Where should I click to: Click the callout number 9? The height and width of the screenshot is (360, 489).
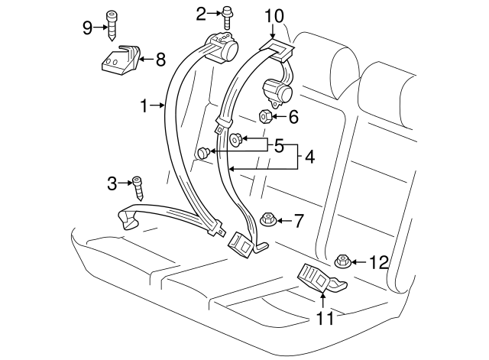tap(88, 28)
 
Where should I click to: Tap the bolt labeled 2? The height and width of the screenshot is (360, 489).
tap(227, 19)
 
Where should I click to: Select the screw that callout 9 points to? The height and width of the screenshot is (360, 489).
tap(112, 26)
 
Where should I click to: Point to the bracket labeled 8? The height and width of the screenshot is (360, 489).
tap(121, 60)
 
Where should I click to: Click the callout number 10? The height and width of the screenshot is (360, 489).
tap(274, 16)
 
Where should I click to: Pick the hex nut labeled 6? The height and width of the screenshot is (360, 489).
tap(265, 117)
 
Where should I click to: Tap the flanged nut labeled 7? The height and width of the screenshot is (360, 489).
tap(267, 219)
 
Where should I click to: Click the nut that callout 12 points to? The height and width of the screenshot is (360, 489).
tap(343, 261)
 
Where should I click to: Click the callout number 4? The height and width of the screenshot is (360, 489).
tap(309, 157)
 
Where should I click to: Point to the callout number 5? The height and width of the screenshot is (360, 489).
tap(279, 146)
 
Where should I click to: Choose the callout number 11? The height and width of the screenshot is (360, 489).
tap(325, 318)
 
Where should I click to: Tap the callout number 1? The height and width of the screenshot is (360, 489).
tap(144, 105)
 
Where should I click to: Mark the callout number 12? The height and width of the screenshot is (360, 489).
tap(379, 262)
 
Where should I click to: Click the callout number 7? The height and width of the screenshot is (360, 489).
tap(299, 221)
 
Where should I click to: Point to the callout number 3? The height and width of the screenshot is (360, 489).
tap(112, 183)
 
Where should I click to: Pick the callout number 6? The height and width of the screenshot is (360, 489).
tap(293, 117)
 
